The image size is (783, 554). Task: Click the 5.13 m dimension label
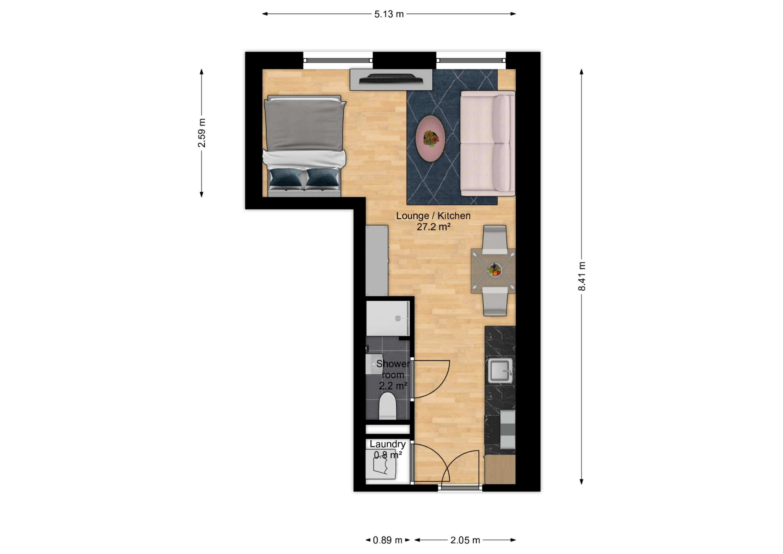(389, 14)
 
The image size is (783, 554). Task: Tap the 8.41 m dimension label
(582, 276)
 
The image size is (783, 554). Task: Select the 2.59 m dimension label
(202, 133)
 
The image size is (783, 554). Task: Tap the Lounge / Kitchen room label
(433, 216)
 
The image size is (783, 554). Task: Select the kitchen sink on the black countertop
(500, 371)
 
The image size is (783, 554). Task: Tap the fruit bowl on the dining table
(494, 270)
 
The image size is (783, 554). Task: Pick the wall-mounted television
(391, 80)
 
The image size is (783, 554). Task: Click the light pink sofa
(488, 143)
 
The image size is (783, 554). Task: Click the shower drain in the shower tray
(398, 319)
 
